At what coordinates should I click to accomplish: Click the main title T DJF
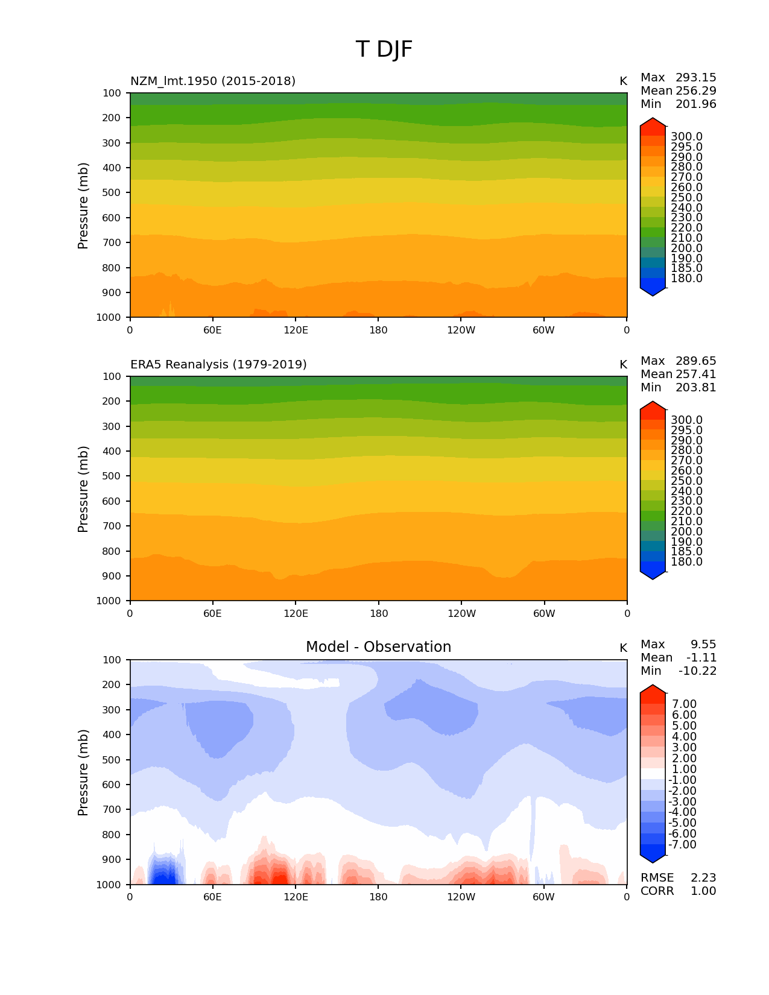click(384, 49)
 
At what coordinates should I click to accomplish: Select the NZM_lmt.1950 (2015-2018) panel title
click(213, 81)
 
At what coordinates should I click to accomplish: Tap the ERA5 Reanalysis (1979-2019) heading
click(218, 364)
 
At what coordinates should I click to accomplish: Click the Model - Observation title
click(378, 647)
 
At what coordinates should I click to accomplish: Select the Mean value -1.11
click(701, 658)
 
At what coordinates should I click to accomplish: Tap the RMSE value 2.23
click(703, 878)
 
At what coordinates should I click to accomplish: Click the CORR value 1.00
click(703, 891)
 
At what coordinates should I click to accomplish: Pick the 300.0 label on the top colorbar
click(686, 137)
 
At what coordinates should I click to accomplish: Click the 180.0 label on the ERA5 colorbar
click(686, 562)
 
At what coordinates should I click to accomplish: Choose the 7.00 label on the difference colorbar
click(684, 704)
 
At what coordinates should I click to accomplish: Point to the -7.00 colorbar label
click(682, 845)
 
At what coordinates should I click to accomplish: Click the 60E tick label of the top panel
click(213, 330)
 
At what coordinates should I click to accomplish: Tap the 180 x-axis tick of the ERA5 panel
click(379, 613)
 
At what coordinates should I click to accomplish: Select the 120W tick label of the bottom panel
click(461, 897)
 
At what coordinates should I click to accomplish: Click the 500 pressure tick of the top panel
click(112, 193)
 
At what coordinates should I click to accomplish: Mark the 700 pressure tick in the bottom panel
click(112, 810)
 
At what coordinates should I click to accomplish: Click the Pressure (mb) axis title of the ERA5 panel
click(83, 488)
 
